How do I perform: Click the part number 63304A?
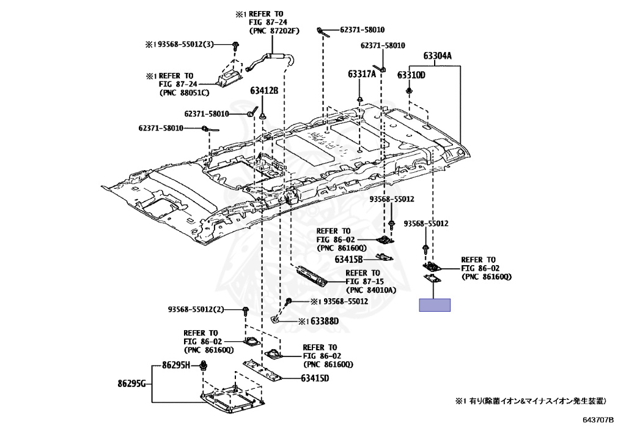[x=437, y=56]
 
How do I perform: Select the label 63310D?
[x=411, y=75]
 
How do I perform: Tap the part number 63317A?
[x=362, y=75]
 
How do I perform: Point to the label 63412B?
[x=263, y=91]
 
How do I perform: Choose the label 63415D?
[x=315, y=378]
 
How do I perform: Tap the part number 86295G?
[x=132, y=383]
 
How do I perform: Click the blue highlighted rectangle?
[x=435, y=305]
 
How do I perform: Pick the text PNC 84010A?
[x=372, y=290]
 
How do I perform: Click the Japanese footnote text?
[x=530, y=401]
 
